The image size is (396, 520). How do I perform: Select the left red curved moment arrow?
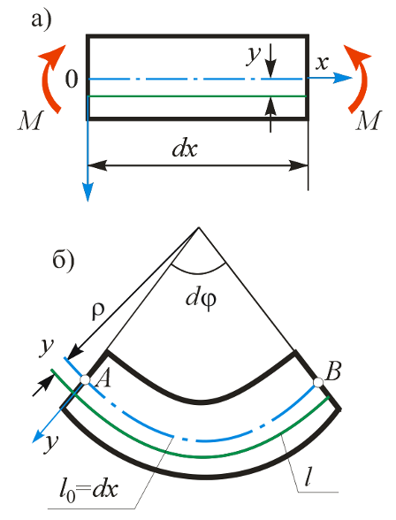(49, 80)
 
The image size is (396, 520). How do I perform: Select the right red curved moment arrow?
(359, 80)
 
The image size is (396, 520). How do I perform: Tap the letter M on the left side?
(30, 120)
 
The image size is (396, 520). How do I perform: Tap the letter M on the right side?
(369, 120)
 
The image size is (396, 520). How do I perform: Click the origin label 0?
(72, 80)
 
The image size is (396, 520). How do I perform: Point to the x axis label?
(322, 63)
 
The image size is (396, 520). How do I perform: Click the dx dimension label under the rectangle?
(185, 149)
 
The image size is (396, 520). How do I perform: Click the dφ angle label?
(201, 300)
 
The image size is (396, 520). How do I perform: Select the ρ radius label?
(98, 310)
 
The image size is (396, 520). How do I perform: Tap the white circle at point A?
(85, 380)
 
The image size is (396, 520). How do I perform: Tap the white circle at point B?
(318, 382)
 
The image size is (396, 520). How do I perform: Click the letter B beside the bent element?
(333, 371)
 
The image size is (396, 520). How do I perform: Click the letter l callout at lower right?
(308, 478)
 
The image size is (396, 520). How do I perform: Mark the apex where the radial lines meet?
(199, 227)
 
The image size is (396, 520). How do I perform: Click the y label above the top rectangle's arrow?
(254, 56)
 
